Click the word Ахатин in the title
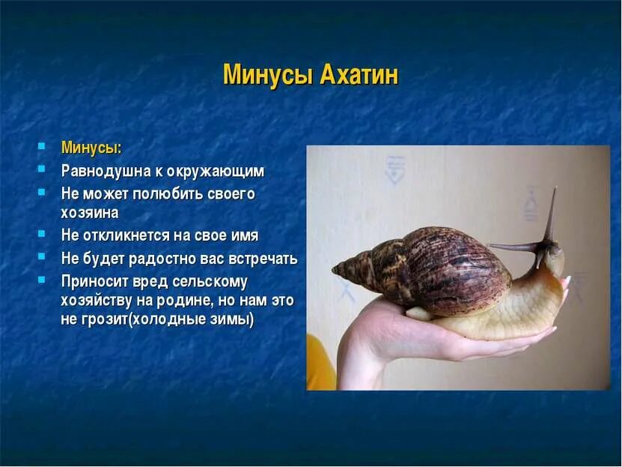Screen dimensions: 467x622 coord(359,76)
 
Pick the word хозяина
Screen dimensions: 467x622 coord(89,213)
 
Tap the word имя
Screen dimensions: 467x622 coord(244,235)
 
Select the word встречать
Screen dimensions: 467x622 coord(261,259)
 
